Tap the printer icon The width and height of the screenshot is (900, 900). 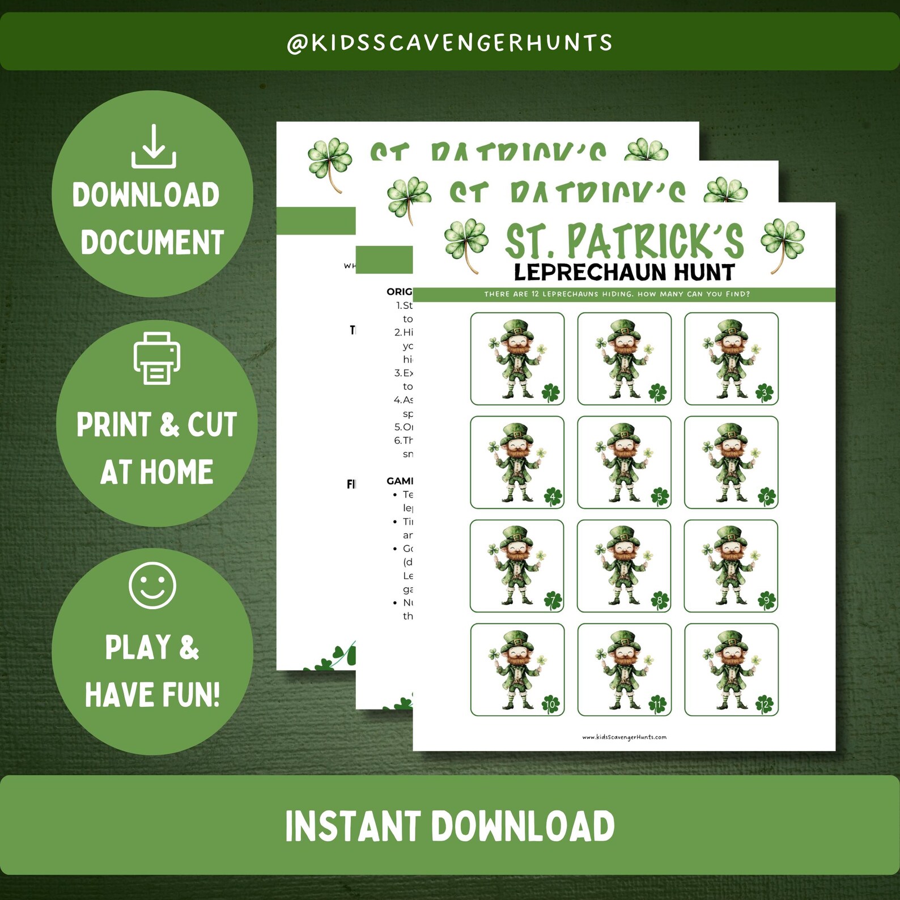157,358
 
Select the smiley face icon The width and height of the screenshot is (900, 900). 152,585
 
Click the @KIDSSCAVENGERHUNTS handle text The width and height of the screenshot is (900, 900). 450,43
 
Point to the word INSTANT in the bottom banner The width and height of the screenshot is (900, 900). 351,826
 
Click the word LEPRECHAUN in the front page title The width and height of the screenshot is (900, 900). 590,273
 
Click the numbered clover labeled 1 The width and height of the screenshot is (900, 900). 550,392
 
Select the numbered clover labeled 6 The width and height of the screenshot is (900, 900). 766,496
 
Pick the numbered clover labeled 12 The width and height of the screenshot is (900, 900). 765,704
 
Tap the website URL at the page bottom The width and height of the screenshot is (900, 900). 624,737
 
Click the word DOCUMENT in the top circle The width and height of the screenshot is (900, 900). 152,243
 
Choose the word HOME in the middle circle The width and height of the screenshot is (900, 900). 176,472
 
